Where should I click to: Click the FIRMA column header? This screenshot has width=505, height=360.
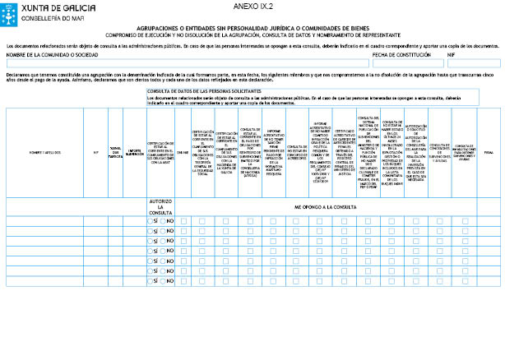click(x=488, y=152)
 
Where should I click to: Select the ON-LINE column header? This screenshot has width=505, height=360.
click(x=183, y=152)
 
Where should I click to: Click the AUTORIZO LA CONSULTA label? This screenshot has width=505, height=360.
click(x=160, y=208)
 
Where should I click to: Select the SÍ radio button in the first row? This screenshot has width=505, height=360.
click(x=151, y=220)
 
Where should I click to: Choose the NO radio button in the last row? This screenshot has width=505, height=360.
click(x=164, y=280)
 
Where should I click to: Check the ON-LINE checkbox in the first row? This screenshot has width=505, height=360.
click(x=183, y=220)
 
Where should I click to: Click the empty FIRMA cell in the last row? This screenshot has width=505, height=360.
click(x=488, y=280)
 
